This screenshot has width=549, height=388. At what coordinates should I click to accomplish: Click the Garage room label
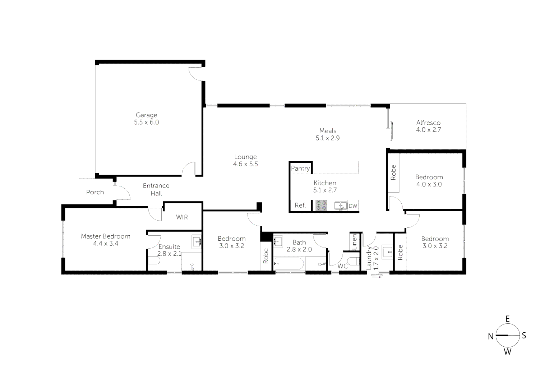pyautogui.click(x=146, y=115)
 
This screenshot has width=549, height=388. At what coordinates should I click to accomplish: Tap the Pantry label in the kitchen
pyautogui.click(x=300, y=168)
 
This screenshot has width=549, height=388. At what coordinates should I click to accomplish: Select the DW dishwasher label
pyautogui.click(x=353, y=206)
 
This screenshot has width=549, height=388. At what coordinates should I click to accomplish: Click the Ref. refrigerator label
pyautogui.click(x=300, y=205)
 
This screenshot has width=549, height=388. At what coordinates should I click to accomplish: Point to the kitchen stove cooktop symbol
pyautogui.click(x=321, y=205)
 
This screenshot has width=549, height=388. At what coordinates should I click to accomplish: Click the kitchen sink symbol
pyautogui.click(x=340, y=205)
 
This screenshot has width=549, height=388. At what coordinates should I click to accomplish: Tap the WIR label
pyautogui.click(x=182, y=217)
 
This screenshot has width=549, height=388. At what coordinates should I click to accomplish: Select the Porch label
pyautogui.click(x=95, y=192)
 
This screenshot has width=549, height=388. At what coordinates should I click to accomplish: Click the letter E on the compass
pyautogui.click(x=508, y=319)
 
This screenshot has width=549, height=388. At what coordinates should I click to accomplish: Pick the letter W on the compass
pyautogui.click(x=507, y=352)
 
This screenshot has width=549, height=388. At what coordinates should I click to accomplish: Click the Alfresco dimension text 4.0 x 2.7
pyautogui.click(x=428, y=130)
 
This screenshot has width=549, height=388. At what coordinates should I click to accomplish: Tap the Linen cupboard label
pyautogui.click(x=354, y=242)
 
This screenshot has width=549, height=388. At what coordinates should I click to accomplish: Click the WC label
pyautogui.click(x=343, y=266)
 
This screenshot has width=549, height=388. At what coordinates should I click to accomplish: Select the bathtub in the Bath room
pyautogui.click(x=289, y=264)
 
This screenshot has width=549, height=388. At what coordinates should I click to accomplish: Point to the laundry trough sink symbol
pyautogui.click(x=388, y=252)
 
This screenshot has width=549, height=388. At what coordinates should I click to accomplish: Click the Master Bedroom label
pyautogui.click(x=106, y=236)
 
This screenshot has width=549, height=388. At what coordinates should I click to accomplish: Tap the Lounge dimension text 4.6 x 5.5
pyautogui.click(x=245, y=164)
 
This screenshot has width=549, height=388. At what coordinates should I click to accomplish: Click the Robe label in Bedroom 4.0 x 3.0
pyautogui.click(x=393, y=172)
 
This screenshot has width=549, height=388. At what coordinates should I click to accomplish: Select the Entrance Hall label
pyautogui.click(x=156, y=189)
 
